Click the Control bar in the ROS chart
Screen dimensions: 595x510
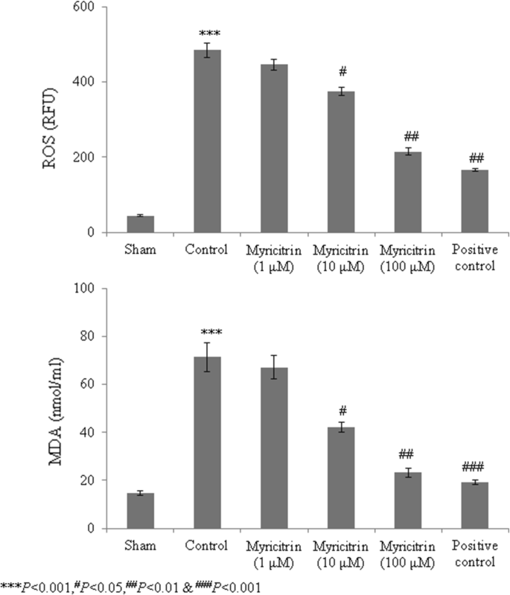pos(207,141)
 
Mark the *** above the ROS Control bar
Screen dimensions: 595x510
pos(207,34)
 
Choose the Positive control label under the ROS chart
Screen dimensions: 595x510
pos(474,256)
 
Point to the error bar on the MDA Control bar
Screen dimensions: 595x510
pos(207,356)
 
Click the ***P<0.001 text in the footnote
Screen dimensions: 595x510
pos(28,587)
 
